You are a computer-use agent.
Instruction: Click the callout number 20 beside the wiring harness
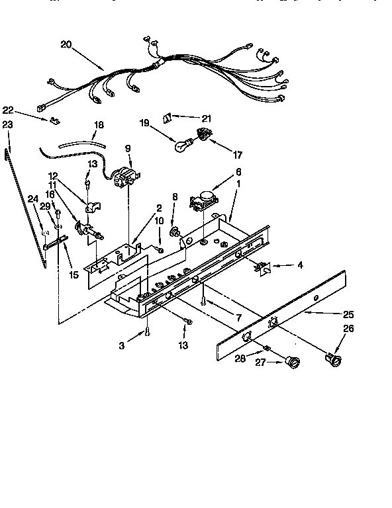66,44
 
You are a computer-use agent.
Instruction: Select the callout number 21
206,118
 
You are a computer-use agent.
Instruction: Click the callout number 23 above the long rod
7,124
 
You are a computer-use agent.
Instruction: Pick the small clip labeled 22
52,121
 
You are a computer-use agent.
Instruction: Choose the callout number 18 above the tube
99,124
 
